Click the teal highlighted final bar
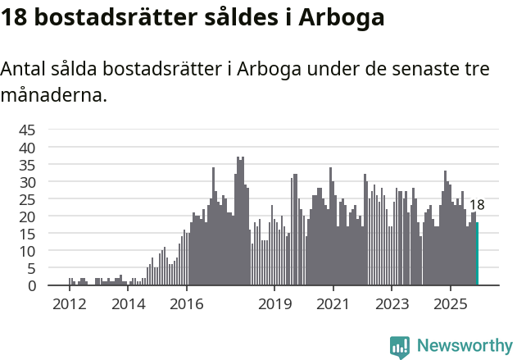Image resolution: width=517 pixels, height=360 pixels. point(478,254)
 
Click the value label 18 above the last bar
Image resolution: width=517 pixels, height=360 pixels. point(477,205)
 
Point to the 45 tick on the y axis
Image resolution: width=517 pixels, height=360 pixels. point(27,130)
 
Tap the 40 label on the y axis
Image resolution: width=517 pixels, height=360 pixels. point(27,148)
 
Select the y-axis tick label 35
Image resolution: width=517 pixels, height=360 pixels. point(27,165)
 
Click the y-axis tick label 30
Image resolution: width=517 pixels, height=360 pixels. point(27,182)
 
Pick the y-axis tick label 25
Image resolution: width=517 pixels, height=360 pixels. point(27,199)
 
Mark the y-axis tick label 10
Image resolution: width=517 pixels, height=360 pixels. point(27,251)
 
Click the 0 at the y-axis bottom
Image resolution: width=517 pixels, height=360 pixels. point(32,285)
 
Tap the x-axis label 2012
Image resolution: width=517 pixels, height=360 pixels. point(69,304)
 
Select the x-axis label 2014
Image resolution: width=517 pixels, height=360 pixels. point(128,304)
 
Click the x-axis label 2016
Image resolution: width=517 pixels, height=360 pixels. point(187,304)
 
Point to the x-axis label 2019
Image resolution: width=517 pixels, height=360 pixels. point(274,304)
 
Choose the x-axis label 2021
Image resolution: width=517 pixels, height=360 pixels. point(333,304)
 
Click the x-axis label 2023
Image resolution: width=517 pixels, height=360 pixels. point(392,304)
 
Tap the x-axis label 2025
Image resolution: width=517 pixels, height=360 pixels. point(451,304)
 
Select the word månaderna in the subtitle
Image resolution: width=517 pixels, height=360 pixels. point(54,95)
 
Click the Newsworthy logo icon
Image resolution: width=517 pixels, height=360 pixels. point(400,347)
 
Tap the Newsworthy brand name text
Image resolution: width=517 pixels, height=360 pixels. point(464,346)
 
